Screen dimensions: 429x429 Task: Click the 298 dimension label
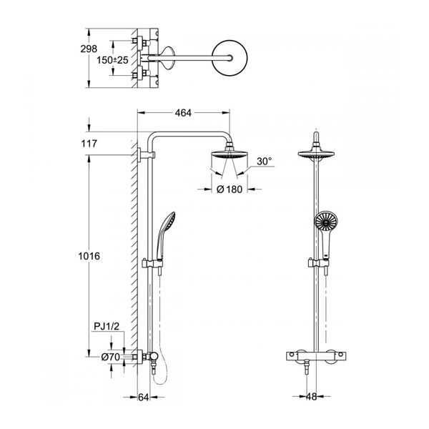89,49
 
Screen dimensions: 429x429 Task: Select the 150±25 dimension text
112,60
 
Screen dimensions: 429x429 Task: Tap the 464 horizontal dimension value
183,113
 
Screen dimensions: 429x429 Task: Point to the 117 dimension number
89,144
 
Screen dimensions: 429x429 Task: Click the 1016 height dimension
89,256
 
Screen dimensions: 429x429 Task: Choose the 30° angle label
265,162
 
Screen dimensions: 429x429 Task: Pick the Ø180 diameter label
230,189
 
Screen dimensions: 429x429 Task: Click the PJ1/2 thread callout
107,326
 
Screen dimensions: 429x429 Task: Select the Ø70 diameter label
111,357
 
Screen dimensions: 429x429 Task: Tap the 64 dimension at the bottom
144,398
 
